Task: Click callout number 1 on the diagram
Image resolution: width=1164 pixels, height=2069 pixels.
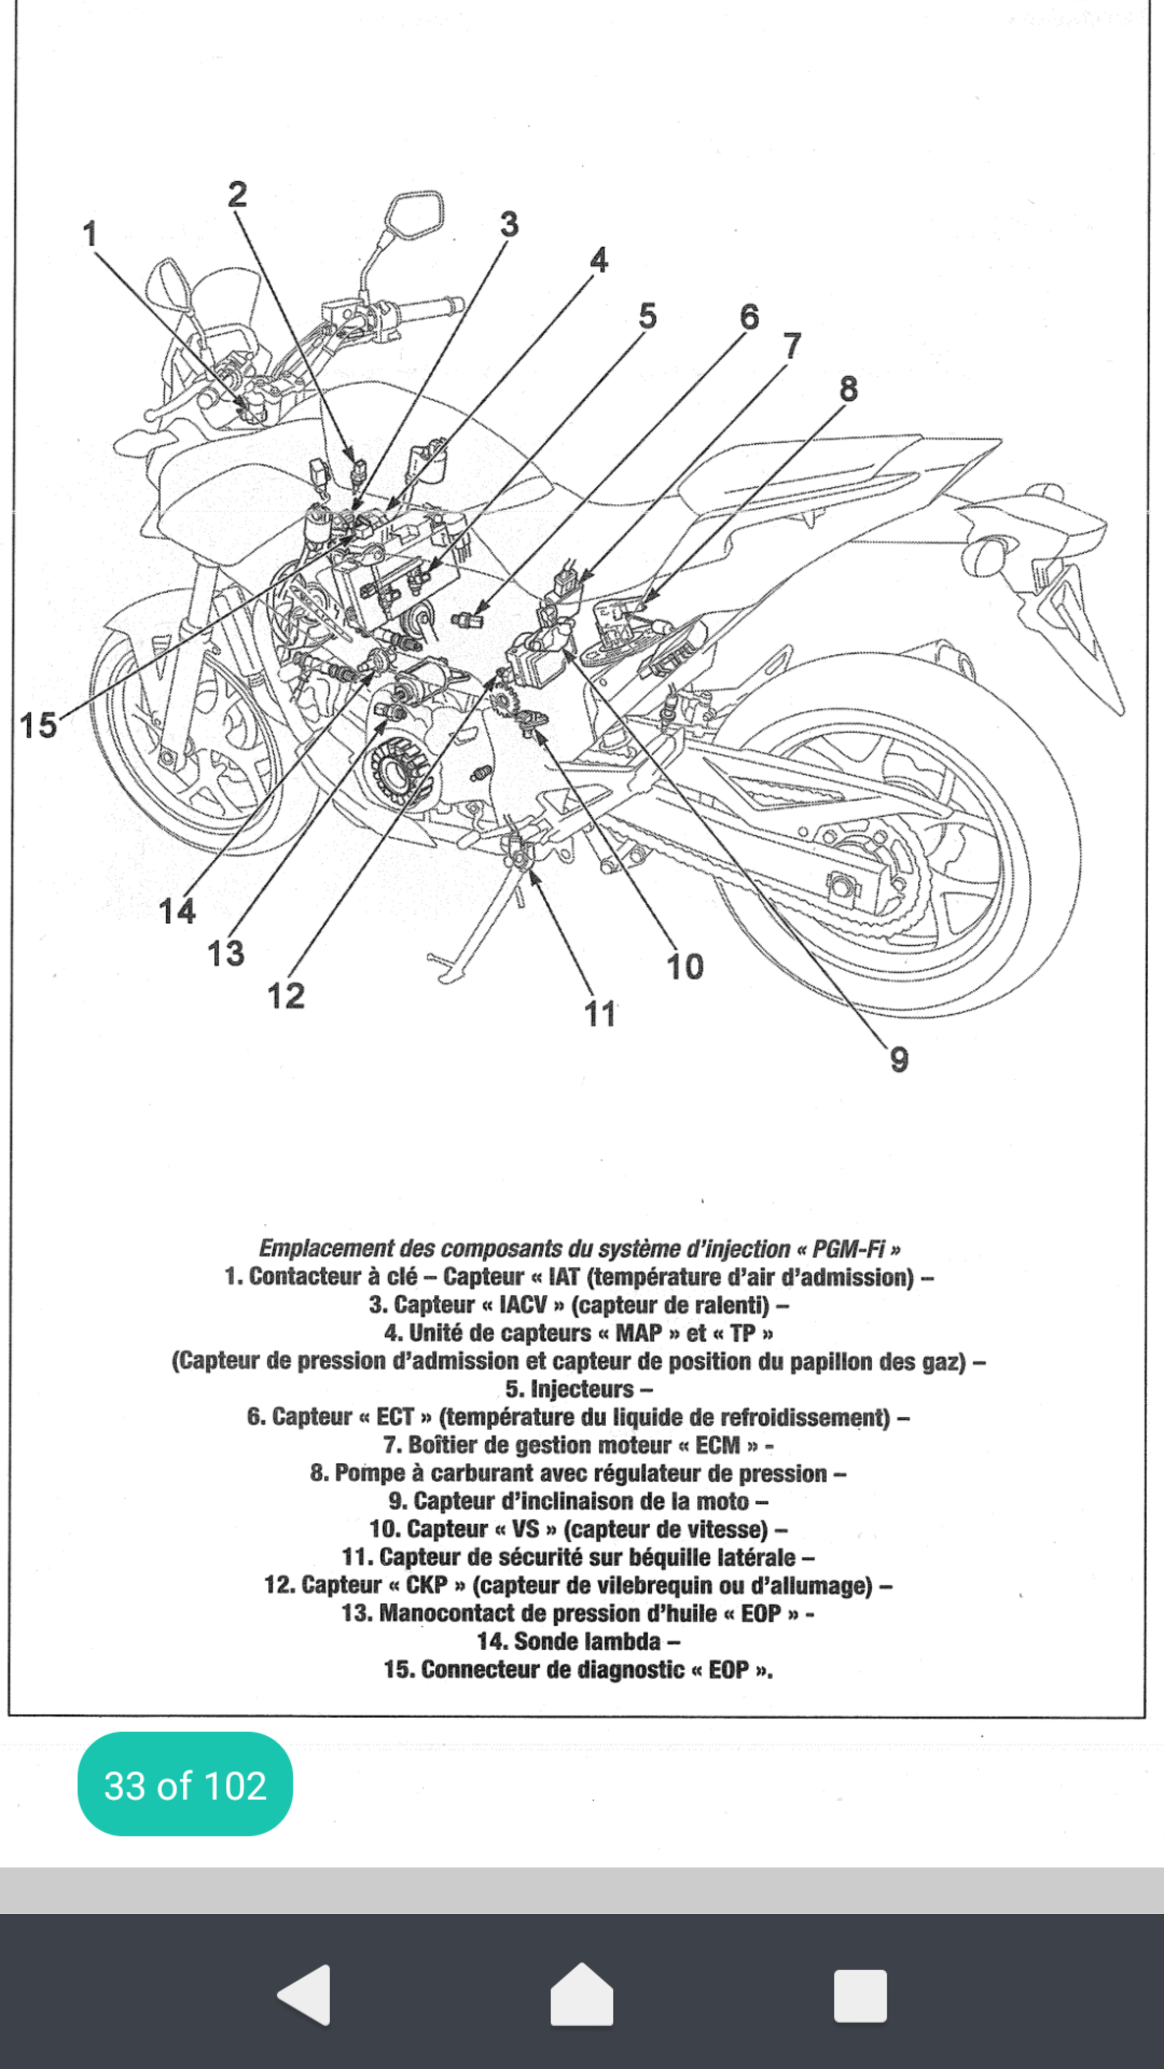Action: (x=90, y=234)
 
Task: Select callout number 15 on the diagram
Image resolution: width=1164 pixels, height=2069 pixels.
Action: (x=38, y=725)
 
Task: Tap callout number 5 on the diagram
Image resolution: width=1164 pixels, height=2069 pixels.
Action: (x=647, y=316)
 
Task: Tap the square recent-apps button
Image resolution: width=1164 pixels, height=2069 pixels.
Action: (x=860, y=1994)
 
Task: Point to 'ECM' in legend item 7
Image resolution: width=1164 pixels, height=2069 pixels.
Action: (x=717, y=1445)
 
